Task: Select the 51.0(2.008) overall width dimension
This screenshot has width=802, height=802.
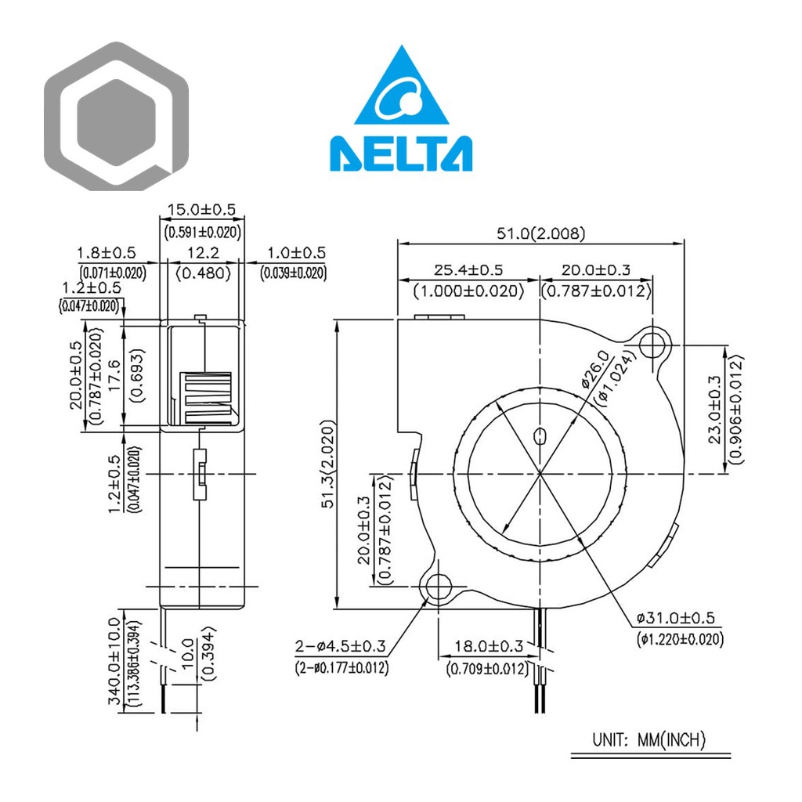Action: (540, 233)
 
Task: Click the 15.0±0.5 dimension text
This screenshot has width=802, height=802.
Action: (203, 210)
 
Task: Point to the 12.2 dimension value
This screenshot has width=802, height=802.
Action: (203, 253)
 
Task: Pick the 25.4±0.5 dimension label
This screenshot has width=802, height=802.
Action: (469, 269)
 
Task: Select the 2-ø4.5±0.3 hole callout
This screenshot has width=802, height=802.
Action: (341, 647)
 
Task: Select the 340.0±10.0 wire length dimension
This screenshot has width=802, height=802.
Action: (114, 660)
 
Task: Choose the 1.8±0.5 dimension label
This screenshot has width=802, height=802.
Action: (107, 253)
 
